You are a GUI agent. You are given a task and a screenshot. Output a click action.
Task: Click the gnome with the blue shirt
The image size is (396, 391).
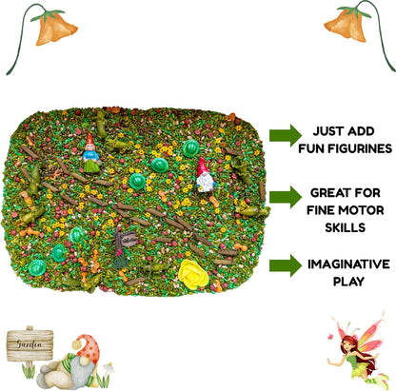[91, 154]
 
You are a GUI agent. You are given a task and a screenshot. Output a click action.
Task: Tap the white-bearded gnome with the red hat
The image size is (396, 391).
[205, 175]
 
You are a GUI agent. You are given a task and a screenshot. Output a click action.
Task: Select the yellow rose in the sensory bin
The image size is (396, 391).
[193, 274]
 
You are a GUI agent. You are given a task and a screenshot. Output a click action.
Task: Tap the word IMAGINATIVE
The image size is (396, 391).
[348, 264]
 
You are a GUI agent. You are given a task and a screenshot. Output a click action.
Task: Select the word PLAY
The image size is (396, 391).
[348, 282]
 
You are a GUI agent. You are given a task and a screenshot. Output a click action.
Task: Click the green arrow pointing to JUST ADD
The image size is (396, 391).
[286, 135]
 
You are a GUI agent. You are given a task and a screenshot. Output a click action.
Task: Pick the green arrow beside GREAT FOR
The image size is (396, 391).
[286, 197]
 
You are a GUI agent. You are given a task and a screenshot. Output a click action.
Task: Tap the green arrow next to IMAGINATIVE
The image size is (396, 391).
[286, 265]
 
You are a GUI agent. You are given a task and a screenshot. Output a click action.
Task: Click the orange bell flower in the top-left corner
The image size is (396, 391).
[54, 28]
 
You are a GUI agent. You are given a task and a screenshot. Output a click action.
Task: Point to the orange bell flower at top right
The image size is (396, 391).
[346, 25]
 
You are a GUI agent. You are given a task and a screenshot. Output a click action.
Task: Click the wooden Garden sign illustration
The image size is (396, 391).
[30, 345]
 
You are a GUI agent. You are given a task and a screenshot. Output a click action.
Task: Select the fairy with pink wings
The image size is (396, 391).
[359, 351]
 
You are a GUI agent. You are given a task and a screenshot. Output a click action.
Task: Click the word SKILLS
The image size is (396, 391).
[345, 227]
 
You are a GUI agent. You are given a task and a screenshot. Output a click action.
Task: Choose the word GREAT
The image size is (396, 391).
[329, 193]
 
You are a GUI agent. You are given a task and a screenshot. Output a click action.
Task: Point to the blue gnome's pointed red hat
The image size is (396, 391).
[89, 140]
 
